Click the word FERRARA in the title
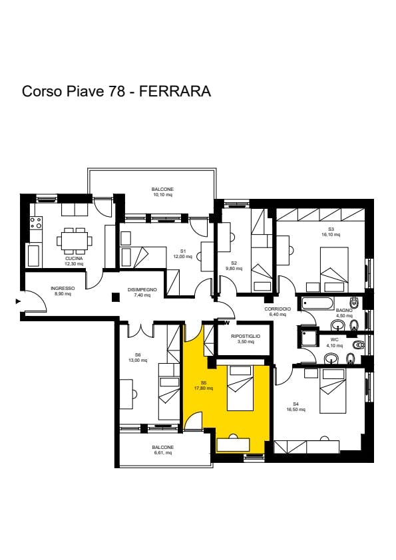tap(175, 91)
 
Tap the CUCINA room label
tap(74, 258)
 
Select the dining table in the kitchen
tap(74, 241)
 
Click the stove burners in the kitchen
tap(36, 223)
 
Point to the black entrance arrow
tap(18, 301)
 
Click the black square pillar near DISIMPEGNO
tap(115, 297)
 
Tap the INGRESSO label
tap(63, 288)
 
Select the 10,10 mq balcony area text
tap(162, 195)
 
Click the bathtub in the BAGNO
tap(318, 304)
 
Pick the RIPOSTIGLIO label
tap(246, 336)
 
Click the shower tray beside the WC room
tap(308, 337)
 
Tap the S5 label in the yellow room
tap(204, 382)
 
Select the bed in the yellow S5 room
tap(240, 388)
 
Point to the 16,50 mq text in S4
tap(296, 410)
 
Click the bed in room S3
tap(334, 269)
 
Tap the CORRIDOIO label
tap(278, 309)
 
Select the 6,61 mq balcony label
tap(162, 453)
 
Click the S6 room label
tap(138, 354)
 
